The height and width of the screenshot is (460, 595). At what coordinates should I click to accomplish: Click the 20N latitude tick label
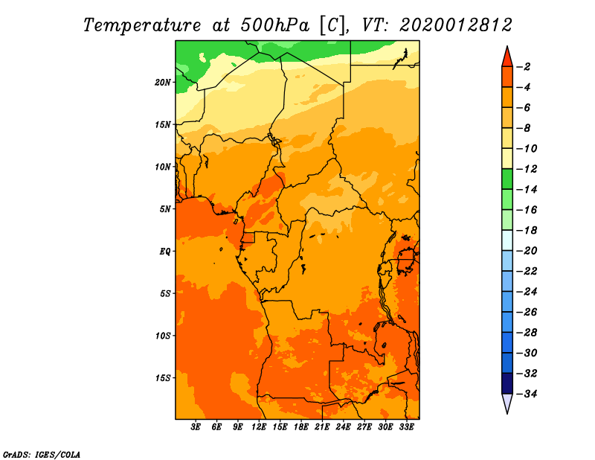(163, 83)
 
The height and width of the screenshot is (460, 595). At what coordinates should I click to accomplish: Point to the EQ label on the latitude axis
(165, 252)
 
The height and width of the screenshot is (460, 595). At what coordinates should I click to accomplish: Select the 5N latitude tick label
(165, 209)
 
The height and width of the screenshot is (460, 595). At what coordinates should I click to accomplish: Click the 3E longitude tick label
(196, 427)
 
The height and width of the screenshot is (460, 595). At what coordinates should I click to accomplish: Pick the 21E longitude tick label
(322, 427)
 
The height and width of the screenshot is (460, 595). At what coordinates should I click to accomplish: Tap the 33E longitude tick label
(406, 427)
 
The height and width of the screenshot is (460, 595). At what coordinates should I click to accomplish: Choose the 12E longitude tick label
(258, 427)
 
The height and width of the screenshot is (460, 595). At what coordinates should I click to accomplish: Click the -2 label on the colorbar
(524, 67)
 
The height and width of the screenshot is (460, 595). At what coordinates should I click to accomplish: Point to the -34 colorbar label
(527, 394)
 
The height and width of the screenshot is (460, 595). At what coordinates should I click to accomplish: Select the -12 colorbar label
(527, 169)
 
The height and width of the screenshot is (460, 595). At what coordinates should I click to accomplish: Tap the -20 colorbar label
(527, 251)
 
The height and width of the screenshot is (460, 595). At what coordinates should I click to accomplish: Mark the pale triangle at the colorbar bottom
(507, 402)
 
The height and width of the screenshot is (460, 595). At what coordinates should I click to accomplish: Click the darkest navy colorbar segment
(507, 383)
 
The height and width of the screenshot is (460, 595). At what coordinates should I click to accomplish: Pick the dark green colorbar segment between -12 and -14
(507, 179)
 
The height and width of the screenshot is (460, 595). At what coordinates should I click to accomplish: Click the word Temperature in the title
(142, 25)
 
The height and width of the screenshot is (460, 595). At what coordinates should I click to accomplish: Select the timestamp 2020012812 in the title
(456, 25)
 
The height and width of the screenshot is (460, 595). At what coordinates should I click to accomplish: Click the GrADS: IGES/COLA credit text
(42, 455)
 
